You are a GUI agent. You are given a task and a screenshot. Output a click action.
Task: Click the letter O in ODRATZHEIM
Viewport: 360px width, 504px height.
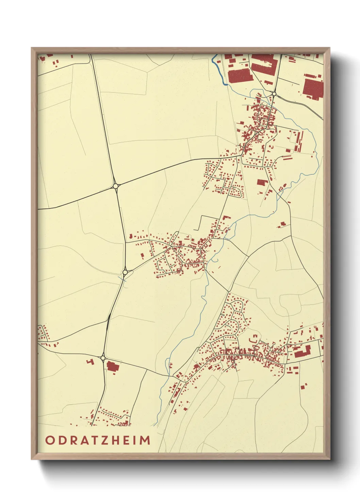(x=50, y=440)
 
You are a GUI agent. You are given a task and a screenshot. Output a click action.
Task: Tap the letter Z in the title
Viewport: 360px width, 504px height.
(x=103, y=440)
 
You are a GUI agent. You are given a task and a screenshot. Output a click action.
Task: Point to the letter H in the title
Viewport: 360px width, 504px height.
(x=115, y=440)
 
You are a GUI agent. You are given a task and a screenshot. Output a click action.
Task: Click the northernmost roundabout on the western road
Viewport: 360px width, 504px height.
(x=116, y=186)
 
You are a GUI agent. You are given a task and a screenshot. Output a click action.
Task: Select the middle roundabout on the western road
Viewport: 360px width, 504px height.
(x=125, y=272)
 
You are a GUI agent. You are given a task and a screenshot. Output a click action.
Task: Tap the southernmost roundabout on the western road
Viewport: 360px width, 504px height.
(x=103, y=358)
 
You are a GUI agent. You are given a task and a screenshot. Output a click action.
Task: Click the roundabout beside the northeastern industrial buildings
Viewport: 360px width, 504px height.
(x=274, y=93)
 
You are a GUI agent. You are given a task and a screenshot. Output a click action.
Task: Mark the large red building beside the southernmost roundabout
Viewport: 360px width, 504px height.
(x=111, y=366)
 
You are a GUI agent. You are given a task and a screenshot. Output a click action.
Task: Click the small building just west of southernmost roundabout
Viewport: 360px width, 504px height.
(x=90, y=362)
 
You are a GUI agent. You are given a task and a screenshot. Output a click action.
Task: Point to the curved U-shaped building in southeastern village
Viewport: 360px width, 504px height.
(x=253, y=339)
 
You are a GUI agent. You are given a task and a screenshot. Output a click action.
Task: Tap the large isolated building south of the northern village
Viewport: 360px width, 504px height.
(x=261, y=182)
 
